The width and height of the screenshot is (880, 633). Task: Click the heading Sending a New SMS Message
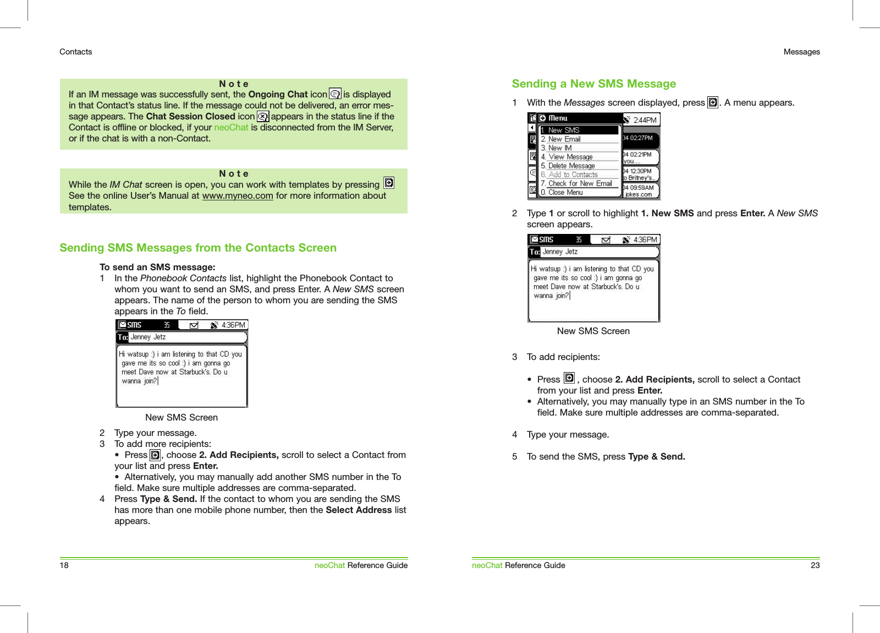(593, 84)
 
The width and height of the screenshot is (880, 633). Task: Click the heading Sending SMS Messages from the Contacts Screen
(198, 248)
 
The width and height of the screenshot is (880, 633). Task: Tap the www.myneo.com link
(237, 196)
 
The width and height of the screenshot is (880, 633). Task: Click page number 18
(64, 565)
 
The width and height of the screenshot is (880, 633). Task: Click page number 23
(815, 565)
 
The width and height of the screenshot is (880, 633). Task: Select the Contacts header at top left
(75, 52)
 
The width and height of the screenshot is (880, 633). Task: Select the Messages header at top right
(801, 52)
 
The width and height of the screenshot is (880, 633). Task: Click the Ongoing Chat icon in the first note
(335, 94)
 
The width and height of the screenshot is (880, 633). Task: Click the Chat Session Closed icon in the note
(263, 117)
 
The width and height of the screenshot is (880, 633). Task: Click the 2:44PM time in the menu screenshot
(645, 120)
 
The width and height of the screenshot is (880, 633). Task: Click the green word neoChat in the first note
(231, 128)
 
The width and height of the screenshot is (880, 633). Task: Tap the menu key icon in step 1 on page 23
(713, 102)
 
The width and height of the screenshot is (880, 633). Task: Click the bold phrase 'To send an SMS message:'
(157, 268)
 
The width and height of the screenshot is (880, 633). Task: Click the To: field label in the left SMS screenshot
(123, 337)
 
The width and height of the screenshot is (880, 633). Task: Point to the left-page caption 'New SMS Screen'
(182, 417)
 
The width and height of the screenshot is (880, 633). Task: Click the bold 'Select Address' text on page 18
(359, 510)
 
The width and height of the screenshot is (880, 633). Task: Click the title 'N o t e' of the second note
(234, 174)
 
